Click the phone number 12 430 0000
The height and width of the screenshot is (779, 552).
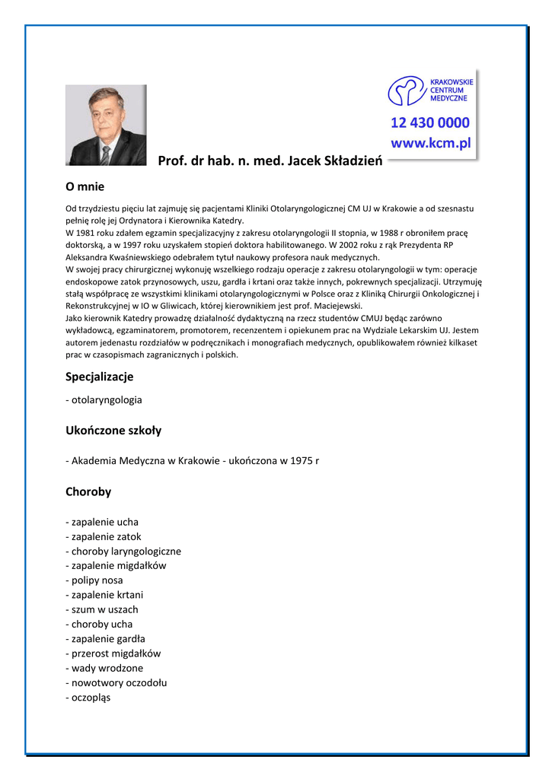(429, 123)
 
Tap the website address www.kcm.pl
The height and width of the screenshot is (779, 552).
(431, 143)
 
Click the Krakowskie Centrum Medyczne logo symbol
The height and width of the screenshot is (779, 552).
(405, 91)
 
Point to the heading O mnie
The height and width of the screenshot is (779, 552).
(85, 186)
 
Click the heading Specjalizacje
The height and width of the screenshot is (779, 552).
(99, 377)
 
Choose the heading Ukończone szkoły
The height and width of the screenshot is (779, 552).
(113, 431)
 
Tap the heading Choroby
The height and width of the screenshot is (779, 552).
(88, 491)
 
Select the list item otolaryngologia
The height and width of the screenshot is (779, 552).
(107, 399)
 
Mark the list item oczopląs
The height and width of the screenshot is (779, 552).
(91, 697)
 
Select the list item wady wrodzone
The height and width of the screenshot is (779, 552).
(107, 668)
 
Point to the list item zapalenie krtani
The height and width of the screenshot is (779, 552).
(107, 595)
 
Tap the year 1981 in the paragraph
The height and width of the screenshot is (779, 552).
(88, 233)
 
